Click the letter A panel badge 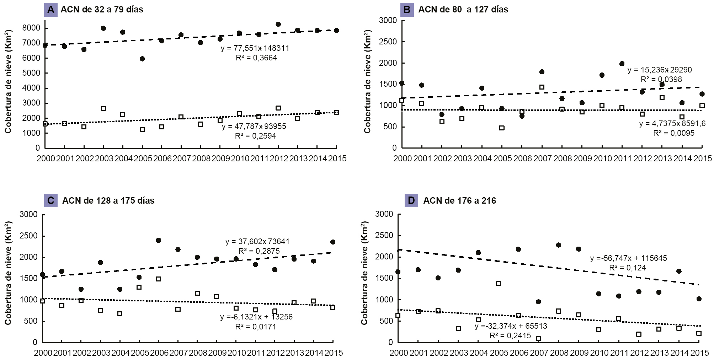50,10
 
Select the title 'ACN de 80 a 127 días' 463,10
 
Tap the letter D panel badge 411,201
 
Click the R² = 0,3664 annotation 256,58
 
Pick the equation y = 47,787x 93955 254,127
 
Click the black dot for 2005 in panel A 142,59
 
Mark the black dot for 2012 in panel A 278,24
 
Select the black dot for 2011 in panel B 622,64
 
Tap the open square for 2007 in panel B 542,87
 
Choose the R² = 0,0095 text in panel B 673,133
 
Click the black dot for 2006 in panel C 159,240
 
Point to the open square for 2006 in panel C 159,279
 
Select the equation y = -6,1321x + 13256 256,317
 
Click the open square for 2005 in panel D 499,283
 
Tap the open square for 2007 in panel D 538,338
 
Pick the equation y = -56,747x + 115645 628,258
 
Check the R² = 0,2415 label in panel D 510,336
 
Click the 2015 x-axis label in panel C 333,353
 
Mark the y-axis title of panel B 367,84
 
